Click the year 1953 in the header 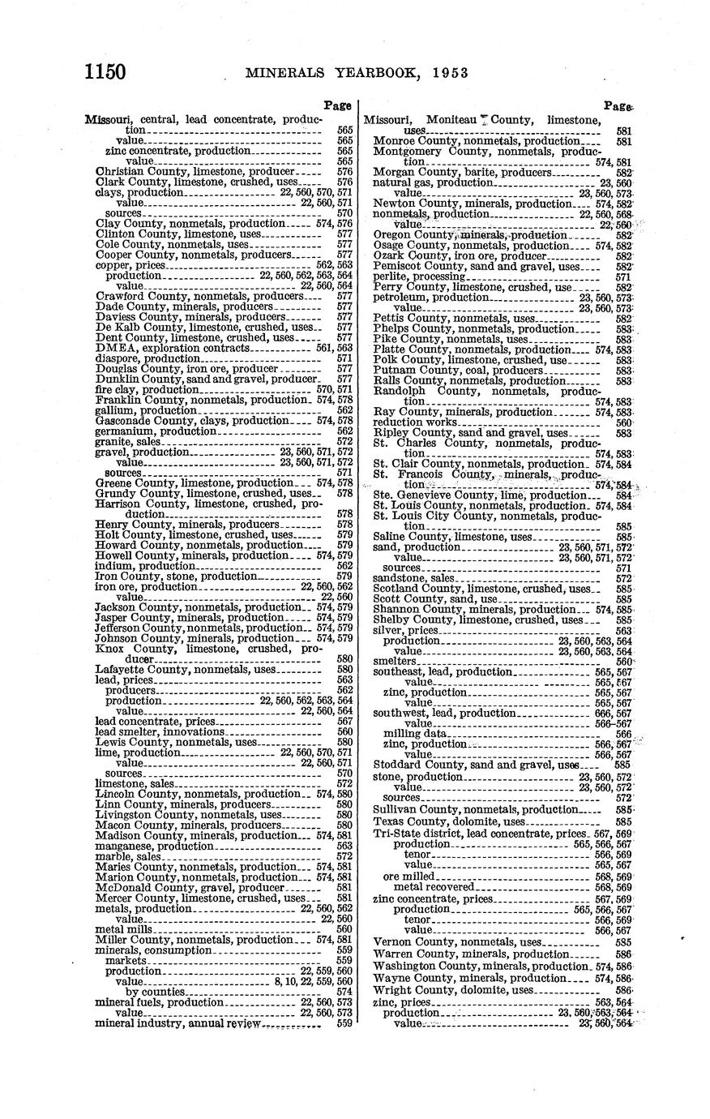(x=443, y=72)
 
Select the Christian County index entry (x=195, y=172)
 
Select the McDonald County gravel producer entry (x=190, y=888)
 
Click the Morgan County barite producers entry (x=462, y=172)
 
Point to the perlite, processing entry (x=421, y=277)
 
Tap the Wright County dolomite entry (x=454, y=990)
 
